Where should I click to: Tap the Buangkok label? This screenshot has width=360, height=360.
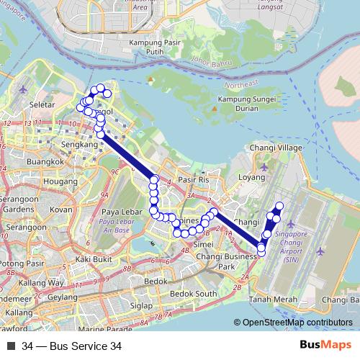click(x=41, y=163)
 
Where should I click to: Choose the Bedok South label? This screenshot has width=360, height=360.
click(x=196, y=294)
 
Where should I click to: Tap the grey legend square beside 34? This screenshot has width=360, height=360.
click(x=10, y=346)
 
